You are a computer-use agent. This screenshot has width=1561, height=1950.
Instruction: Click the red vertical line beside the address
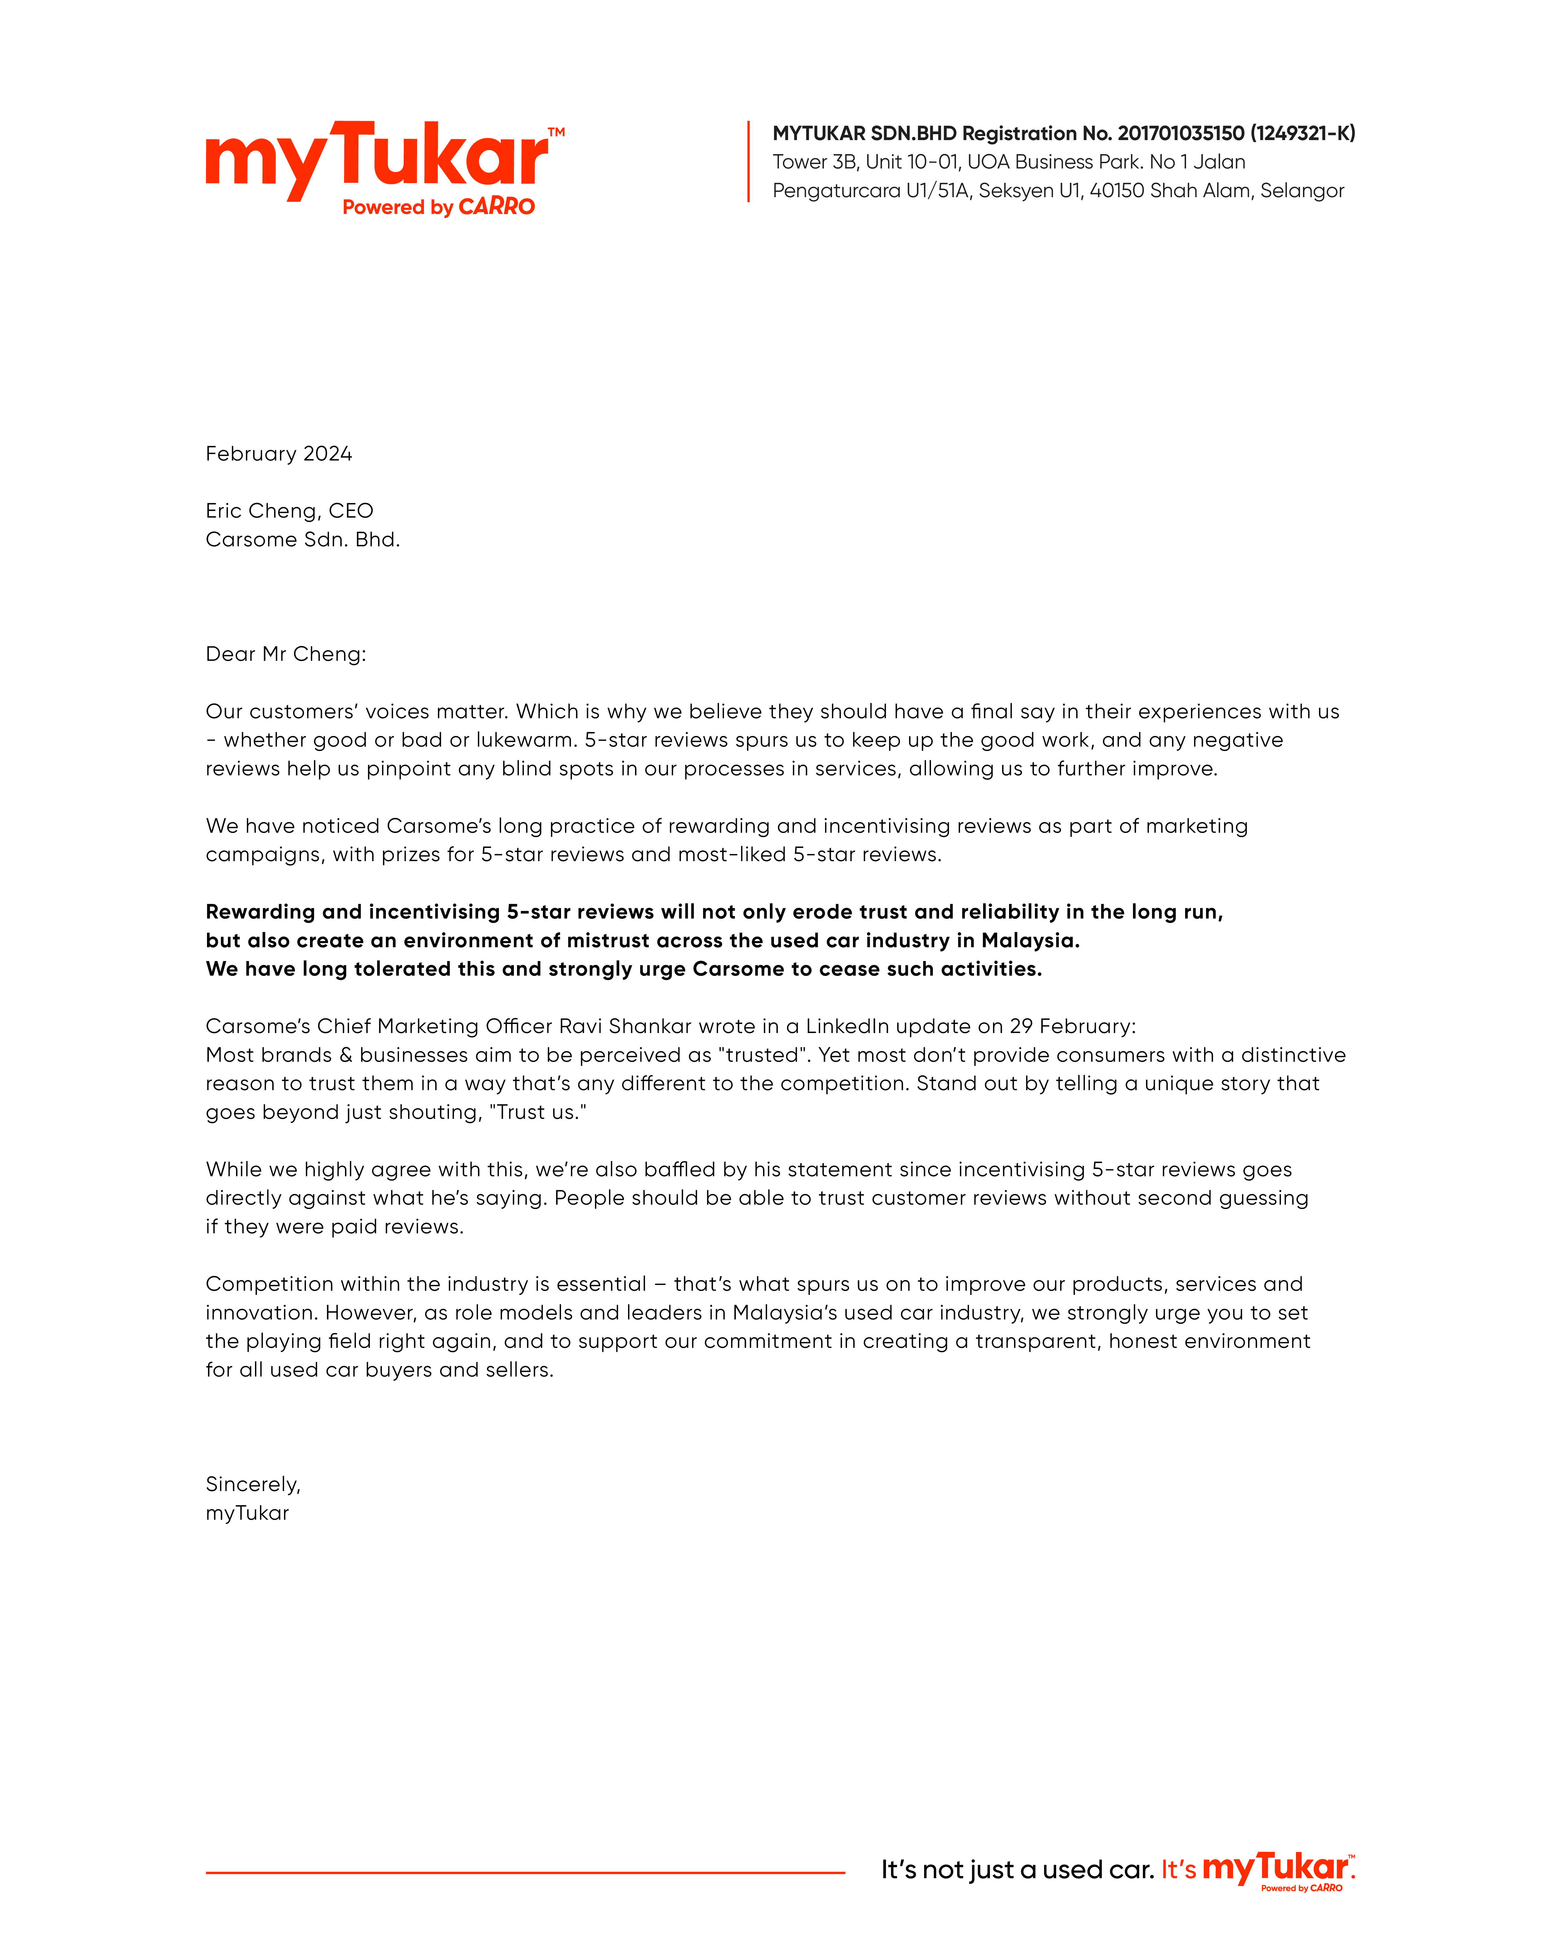click(748, 161)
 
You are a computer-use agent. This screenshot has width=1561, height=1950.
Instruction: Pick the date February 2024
click(279, 454)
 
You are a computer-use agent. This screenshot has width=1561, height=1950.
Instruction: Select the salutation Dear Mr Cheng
click(286, 654)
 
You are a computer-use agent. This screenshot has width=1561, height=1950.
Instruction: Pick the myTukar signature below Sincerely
click(247, 1513)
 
